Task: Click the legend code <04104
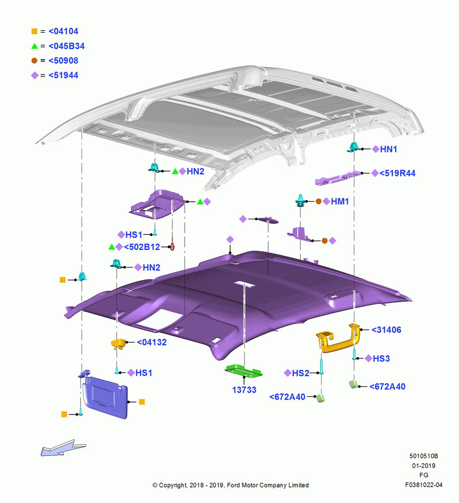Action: point(63,31)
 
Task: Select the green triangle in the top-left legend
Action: point(35,46)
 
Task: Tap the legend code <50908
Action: point(63,61)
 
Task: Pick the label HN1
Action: point(389,149)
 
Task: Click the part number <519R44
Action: point(398,173)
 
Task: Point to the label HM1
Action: point(340,202)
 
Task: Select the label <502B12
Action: point(142,247)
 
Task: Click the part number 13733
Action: point(244,390)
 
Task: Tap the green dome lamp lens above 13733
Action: point(243,371)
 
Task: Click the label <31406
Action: point(386,330)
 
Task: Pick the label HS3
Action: point(381,358)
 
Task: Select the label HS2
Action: point(300,373)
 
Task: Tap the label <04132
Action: point(151,342)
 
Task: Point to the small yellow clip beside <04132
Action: point(118,343)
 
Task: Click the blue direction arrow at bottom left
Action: point(63,448)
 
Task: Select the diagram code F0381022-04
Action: point(424,485)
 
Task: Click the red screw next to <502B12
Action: point(172,244)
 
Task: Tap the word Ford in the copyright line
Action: point(234,485)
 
